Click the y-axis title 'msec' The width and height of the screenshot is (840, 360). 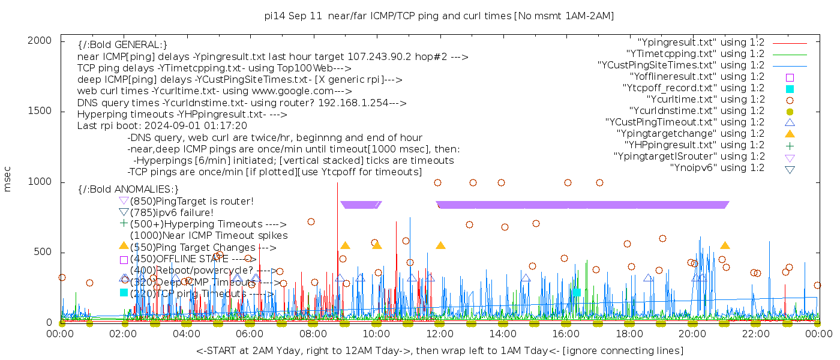tap(8, 179)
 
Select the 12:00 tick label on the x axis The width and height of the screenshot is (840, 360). tap(440, 334)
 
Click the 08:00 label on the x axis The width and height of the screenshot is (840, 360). tap(313, 334)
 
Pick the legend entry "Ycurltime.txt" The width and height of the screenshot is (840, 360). tap(705, 100)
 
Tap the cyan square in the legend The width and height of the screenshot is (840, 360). tap(790, 89)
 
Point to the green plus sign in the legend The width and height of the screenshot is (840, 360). tap(790, 145)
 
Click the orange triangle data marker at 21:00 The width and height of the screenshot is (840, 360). tap(725, 245)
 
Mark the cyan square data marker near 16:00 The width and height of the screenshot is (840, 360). tap(576, 292)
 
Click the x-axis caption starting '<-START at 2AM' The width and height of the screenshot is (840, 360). tap(439, 350)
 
